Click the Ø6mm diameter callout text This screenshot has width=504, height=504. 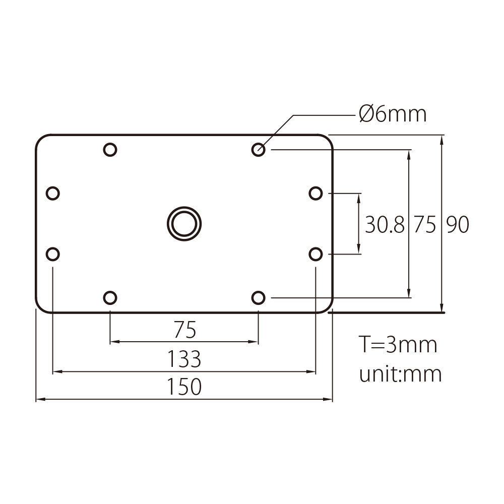tap(393, 115)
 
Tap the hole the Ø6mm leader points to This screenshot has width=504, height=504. tap(258, 149)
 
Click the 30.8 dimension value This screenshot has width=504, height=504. tap(385, 225)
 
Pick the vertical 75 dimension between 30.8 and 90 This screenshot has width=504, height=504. tap(424, 225)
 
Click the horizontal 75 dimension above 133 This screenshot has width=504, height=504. tap(184, 331)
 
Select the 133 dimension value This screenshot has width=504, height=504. tap(184, 359)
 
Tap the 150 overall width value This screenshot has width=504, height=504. tap(184, 387)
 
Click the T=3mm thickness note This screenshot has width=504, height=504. tap(398, 345)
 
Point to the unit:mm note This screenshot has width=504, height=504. tap(400, 374)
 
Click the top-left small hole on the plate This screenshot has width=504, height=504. tap(110, 149)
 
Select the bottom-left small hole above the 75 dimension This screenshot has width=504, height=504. tap(110, 298)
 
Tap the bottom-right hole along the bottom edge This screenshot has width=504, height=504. tap(258, 298)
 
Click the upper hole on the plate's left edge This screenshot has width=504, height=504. tap(52, 193)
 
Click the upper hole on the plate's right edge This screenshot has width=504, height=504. tap(316, 193)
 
